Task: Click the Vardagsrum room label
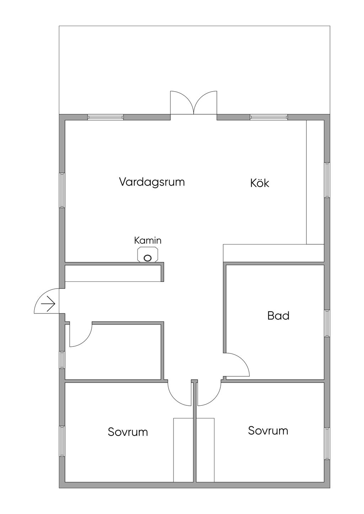click(x=152, y=182)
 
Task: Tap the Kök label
click(x=260, y=183)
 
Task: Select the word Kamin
click(x=148, y=240)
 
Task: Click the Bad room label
click(x=278, y=316)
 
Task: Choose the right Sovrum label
click(x=268, y=431)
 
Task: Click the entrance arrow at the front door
click(x=48, y=304)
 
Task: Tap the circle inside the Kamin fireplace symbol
click(x=148, y=258)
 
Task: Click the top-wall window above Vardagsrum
click(x=106, y=117)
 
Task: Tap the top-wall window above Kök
click(x=269, y=117)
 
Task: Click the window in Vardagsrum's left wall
click(x=62, y=190)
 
